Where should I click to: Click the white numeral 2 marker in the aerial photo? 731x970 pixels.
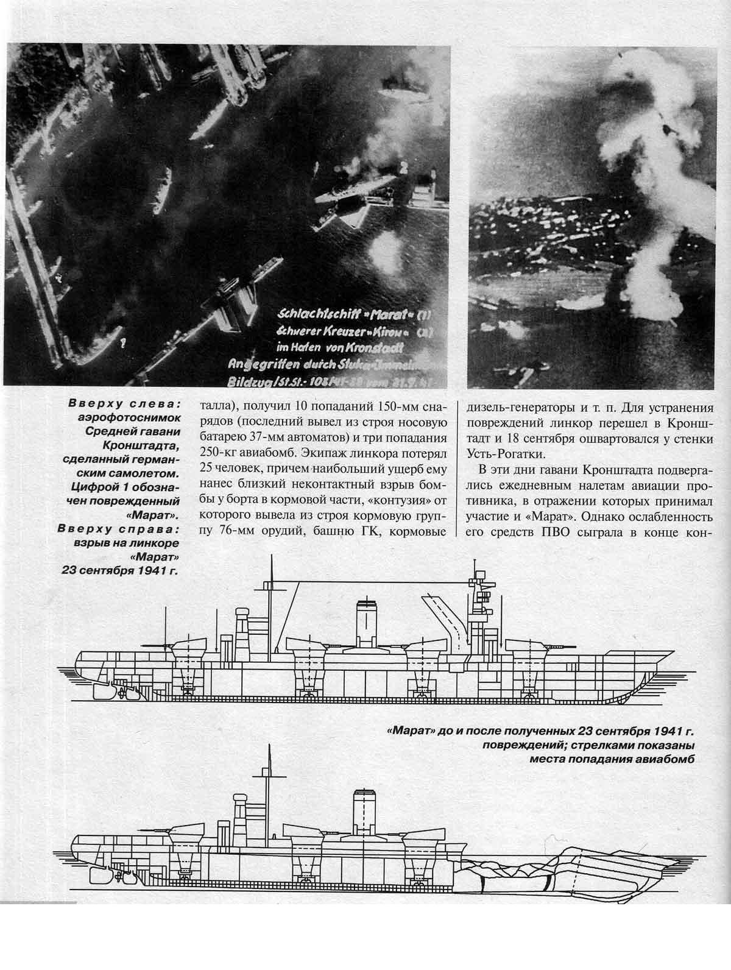[x=403, y=165]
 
